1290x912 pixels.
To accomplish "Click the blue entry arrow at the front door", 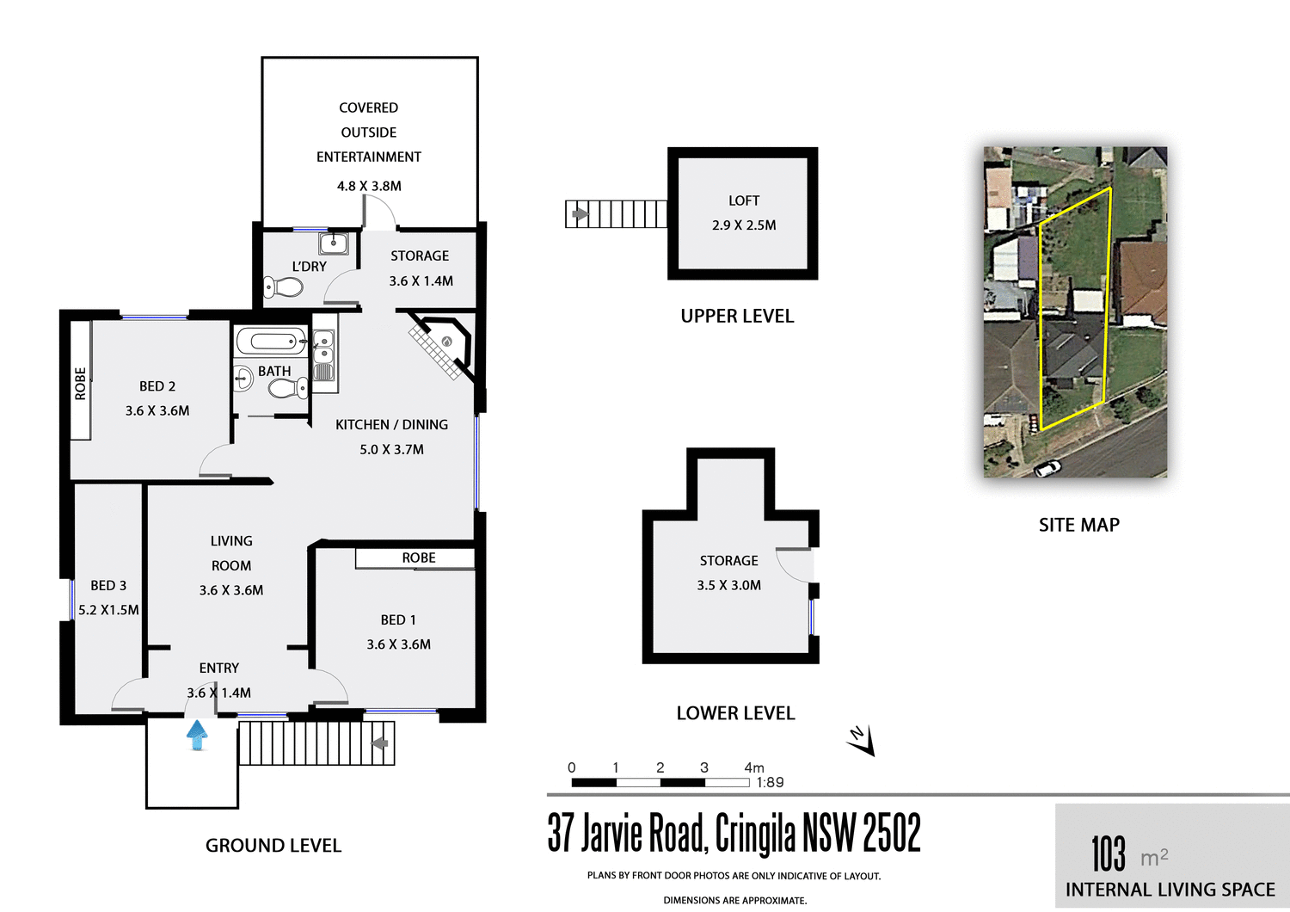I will (x=197, y=735).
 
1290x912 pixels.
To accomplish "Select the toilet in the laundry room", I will (x=283, y=287).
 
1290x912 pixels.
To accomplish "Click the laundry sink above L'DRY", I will (x=334, y=243).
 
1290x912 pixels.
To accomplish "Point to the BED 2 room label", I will (x=157, y=386).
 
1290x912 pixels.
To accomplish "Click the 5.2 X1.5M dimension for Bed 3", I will (x=108, y=610).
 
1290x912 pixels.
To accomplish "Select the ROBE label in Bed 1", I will (x=419, y=558).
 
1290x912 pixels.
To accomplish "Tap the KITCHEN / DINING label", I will (x=391, y=425).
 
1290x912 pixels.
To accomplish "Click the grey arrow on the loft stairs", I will (x=580, y=213).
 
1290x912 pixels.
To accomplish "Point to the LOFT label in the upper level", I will (x=744, y=200).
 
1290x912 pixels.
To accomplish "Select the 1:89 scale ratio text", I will (x=770, y=782).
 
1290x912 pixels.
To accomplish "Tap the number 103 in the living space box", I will (x=1109, y=853).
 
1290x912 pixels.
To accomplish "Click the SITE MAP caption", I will (x=1078, y=525).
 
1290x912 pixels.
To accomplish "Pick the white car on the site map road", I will (x=1047, y=468).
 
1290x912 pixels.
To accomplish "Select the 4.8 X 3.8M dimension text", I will (x=369, y=186).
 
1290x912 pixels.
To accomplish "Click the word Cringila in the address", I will (x=754, y=833).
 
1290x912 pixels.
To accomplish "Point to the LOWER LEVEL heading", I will (x=735, y=713).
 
